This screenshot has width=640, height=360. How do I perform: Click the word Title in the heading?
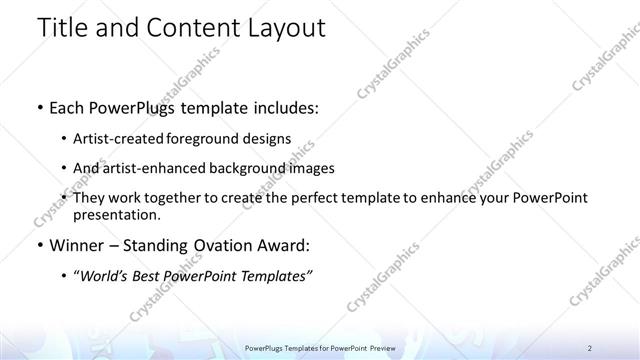click(x=63, y=28)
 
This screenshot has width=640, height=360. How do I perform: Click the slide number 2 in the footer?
click(x=590, y=347)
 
